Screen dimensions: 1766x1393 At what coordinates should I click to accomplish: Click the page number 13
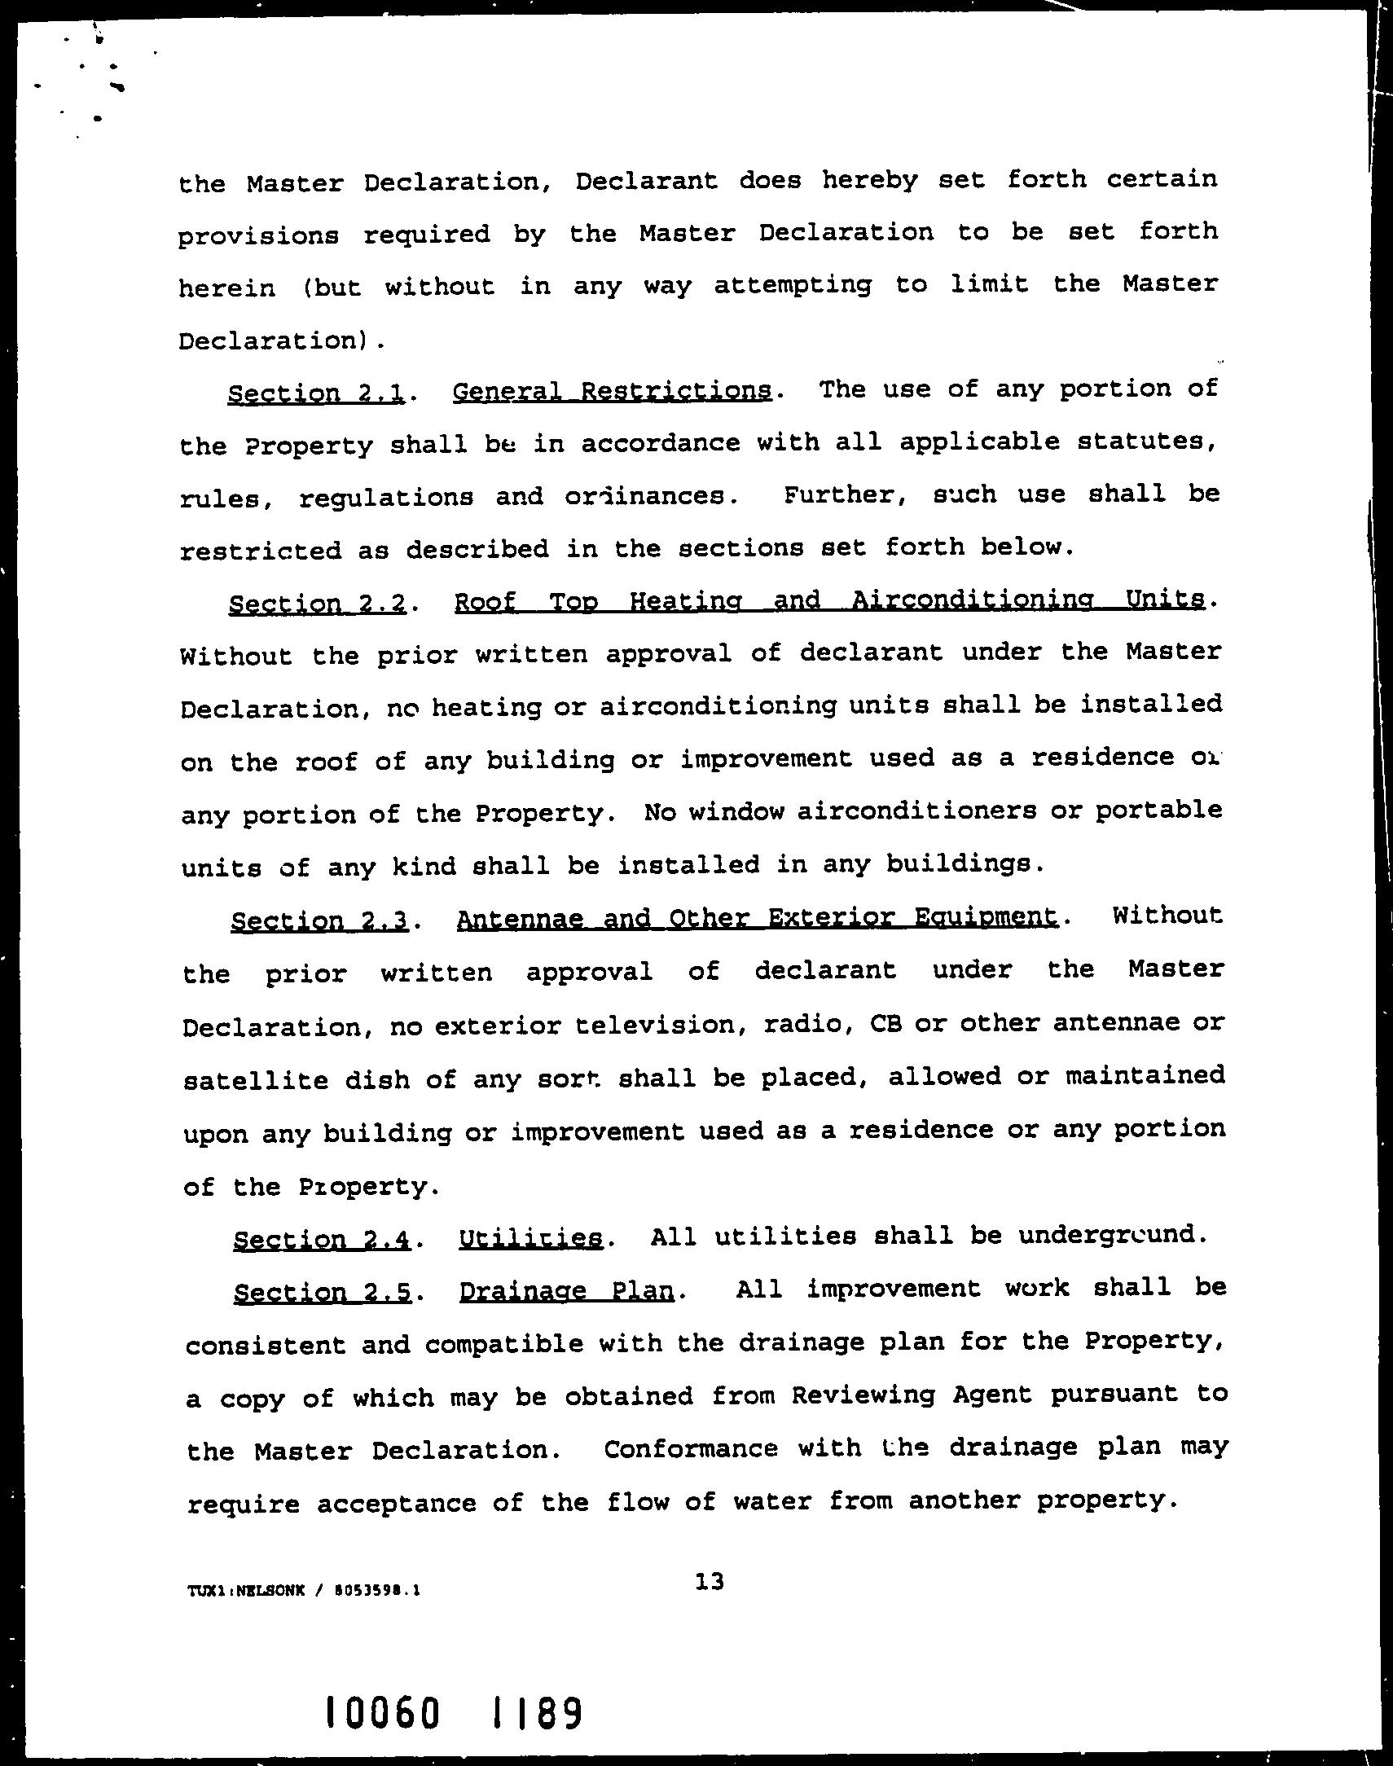pos(710,1583)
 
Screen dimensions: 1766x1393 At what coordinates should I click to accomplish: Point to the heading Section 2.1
pos(317,393)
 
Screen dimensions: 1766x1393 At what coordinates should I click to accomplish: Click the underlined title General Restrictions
pos(612,391)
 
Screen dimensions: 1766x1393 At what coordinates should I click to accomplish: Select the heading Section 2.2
pos(318,604)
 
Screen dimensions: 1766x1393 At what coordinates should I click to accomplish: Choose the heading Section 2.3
pos(319,920)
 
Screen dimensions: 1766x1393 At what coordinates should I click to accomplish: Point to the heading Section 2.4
pos(321,1239)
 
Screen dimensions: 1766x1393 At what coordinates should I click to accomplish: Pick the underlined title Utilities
pos(531,1238)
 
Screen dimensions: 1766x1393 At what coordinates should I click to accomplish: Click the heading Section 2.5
pos(322,1292)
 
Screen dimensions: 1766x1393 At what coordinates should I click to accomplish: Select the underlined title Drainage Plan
pos(567,1291)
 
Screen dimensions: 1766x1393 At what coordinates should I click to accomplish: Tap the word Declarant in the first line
pos(646,180)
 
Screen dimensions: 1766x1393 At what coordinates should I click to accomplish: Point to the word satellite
pos(255,1080)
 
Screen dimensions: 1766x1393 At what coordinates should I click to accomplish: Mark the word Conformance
pos(691,1449)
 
